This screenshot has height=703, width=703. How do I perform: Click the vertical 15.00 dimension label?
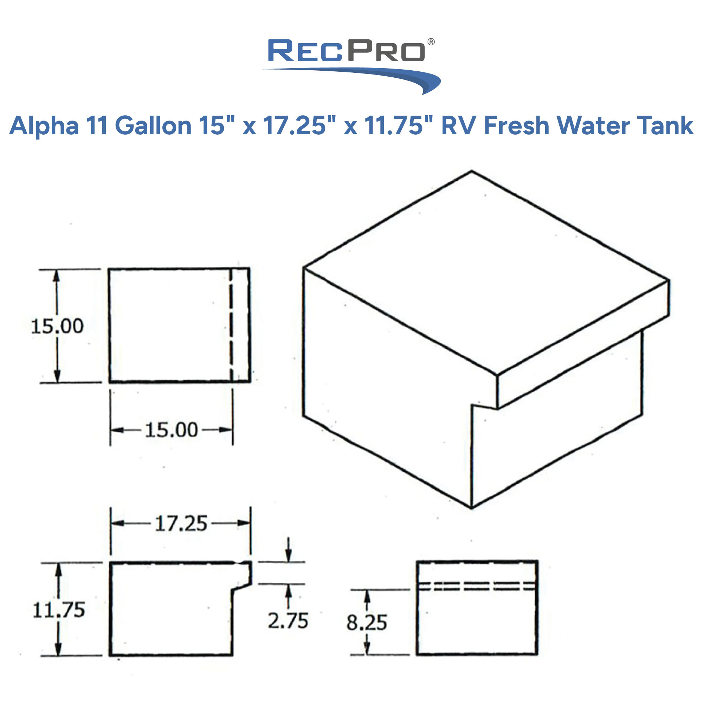coord(58,326)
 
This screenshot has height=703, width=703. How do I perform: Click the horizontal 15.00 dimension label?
coord(172,430)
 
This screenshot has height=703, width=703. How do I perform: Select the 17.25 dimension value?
coord(181,524)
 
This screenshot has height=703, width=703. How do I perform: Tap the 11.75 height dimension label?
coord(59,610)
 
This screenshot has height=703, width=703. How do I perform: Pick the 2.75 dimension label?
coord(288,621)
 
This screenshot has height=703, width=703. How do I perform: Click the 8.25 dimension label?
coord(366,623)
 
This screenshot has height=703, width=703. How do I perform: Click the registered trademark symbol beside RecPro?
coord(431,42)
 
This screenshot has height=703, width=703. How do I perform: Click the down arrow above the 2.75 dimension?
coord(288,550)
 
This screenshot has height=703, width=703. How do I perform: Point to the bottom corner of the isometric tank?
coord(472,508)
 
